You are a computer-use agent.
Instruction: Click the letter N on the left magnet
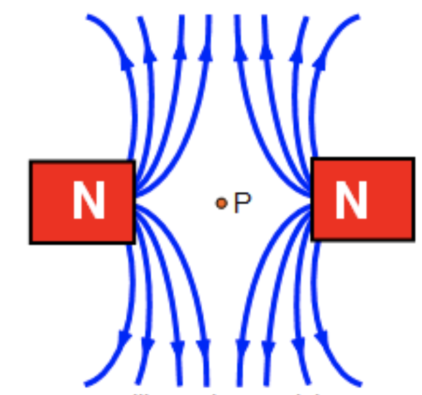click(88, 201)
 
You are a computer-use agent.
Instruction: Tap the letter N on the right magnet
click(351, 201)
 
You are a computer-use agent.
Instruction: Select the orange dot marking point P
click(221, 203)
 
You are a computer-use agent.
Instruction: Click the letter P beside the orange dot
click(242, 203)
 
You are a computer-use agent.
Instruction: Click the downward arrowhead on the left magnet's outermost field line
click(124, 340)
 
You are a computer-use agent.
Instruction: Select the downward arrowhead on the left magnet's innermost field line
click(203, 347)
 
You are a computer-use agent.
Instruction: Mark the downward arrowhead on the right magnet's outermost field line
click(323, 340)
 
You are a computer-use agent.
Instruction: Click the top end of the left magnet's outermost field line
click(87, 17)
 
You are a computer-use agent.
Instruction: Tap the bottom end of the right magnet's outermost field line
click(360, 385)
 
